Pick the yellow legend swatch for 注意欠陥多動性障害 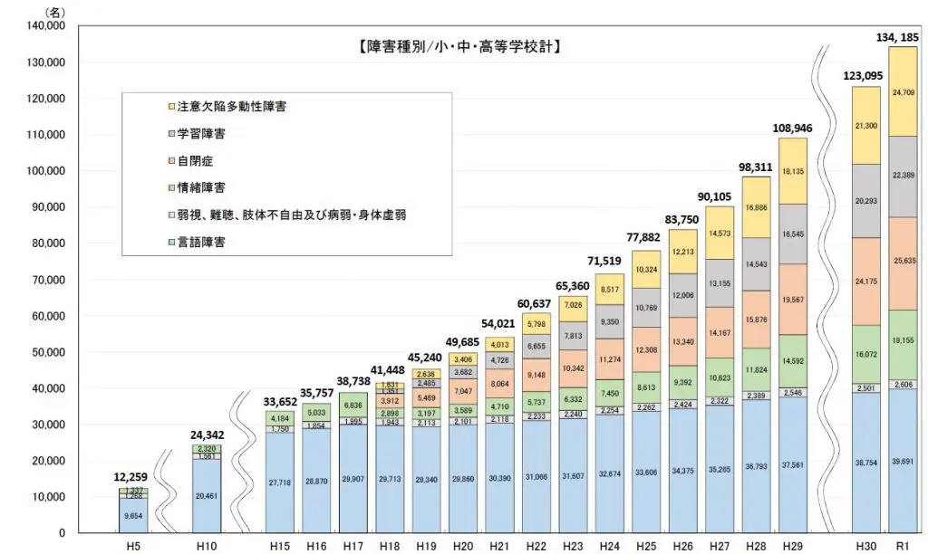click(159, 106)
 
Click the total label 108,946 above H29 click(791, 128)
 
